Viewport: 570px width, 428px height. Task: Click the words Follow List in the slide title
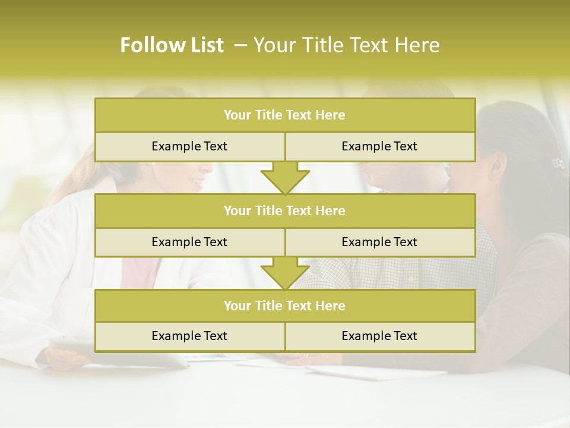pyautogui.click(x=172, y=45)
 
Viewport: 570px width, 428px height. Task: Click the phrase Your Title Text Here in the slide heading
pyautogui.click(x=346, y=45)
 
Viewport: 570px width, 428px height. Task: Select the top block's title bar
pyautogui.click(x=284, y=115)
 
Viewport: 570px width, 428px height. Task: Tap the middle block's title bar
pyautogui.click(x=284, y=210)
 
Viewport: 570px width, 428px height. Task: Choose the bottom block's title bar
pyautogui.click(x=284, y=306)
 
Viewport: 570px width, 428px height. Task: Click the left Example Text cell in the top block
pyautogui.click(x=189, y=146)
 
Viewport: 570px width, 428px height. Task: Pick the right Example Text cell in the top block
pyautogui.click(x=379, y=146)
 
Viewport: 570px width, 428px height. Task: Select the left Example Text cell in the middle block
pyautogui.click(x=189, y=242)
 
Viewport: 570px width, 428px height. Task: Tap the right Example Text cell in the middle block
pyautogui.click(x=379, y=242)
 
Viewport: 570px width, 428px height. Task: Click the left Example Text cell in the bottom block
pyautogui.click(x=189, y=336)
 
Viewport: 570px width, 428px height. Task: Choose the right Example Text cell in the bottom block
pyautogui.click(x=379, y=336)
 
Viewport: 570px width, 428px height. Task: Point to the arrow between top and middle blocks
pyautogui.click(x=285, y=178)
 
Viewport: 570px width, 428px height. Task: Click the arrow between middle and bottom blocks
pyautogui.click(x=285, y=273)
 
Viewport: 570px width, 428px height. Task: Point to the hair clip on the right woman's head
pyautogui.click(x=558, y=162)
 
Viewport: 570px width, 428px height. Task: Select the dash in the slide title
pyautogui.click(x=240, y=45)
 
